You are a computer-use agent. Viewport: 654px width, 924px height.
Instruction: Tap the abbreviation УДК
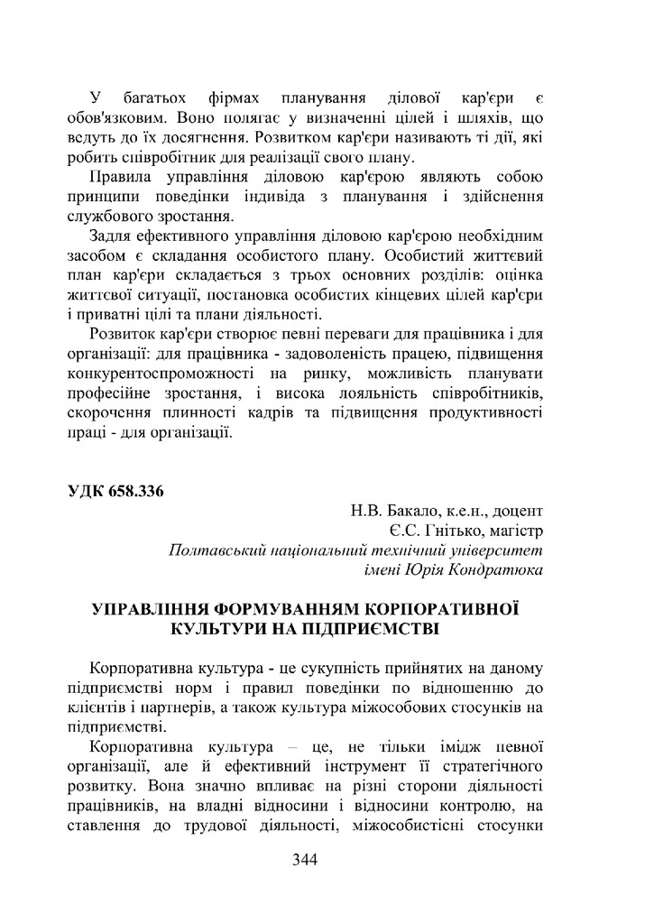[85, 491]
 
